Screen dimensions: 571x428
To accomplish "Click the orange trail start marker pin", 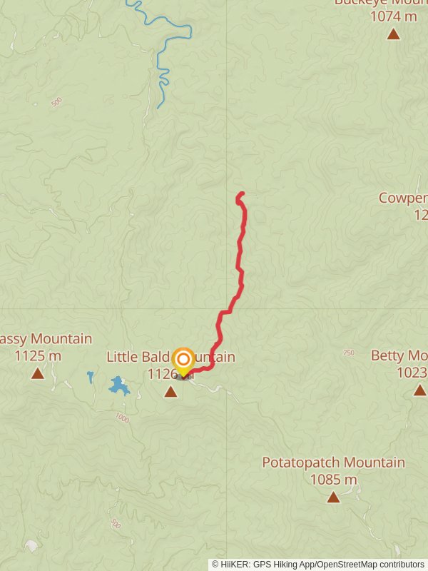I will pos(183,360).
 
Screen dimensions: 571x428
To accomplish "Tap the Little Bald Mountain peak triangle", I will pos(170,391).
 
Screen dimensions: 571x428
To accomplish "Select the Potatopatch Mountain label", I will pos(333,463).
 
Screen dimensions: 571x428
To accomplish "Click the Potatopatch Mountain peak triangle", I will pos(333,497).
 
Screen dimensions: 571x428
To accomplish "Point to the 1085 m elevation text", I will pos(333,480).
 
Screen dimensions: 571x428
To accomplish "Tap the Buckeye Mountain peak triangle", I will pos(393,34).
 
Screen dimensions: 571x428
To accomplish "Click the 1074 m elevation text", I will pos(394,16).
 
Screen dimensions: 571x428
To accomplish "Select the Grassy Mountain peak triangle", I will pos(37,373).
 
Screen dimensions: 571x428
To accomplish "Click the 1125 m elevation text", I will pos(39,355).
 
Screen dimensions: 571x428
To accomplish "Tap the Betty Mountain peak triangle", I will pos(419,390).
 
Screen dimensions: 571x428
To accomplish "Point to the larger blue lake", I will pos(118,386).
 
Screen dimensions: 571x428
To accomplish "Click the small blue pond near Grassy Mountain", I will pos(91,375).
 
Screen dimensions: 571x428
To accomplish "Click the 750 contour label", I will pos(348,353).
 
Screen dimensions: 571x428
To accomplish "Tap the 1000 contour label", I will pos(122,418).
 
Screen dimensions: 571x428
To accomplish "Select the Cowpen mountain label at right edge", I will pos(403,198).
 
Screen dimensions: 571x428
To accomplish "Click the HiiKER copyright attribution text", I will pos(318,564).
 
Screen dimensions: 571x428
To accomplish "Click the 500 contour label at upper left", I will pos(56,103).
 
